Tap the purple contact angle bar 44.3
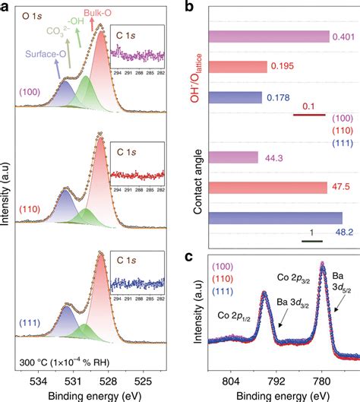[x=235, y=158]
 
